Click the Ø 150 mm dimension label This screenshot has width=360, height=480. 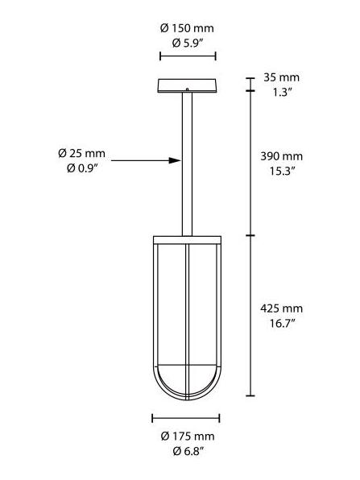[187, 28]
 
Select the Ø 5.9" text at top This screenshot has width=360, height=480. [187, 43]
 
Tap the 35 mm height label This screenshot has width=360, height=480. [282, 77]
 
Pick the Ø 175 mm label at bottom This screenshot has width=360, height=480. [186, 437]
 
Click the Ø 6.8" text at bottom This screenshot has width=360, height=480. [186, 451]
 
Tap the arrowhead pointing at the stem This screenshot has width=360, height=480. [175, 161]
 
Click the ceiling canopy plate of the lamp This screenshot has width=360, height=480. [187, 86]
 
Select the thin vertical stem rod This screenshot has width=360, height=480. [187, 161]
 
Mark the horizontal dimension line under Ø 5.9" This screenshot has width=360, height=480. [188, 56]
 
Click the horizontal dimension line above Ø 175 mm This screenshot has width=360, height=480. [186, 418]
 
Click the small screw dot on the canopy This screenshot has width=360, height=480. [187, 89]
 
